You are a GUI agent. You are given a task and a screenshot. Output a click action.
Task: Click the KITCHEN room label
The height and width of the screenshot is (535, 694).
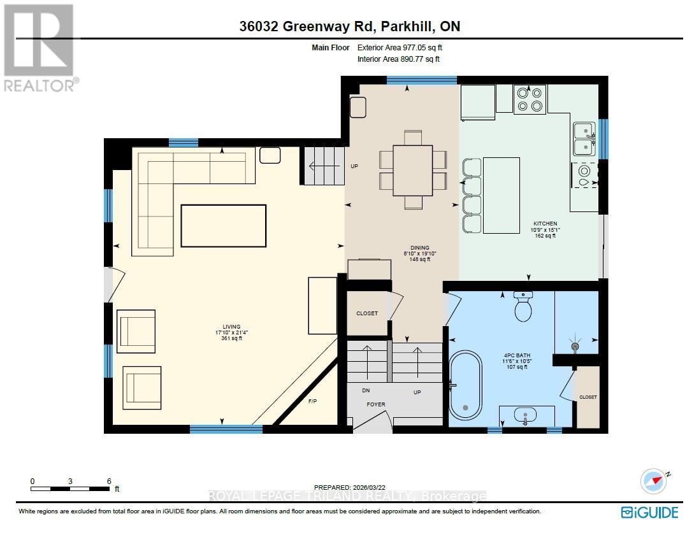[544, 224]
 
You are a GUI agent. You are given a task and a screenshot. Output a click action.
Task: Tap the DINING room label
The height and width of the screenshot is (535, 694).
[420, 248]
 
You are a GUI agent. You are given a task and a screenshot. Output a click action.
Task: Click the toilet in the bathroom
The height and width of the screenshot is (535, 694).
[523, 308]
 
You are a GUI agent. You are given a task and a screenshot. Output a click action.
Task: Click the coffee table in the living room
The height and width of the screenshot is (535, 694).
[223, 225]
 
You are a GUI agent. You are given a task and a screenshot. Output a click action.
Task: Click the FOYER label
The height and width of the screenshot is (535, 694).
[375, 404]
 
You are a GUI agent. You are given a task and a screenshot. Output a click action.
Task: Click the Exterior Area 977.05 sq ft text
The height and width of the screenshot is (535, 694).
[398, 47]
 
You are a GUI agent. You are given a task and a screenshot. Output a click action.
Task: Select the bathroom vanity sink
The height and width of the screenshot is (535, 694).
[525, 415]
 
